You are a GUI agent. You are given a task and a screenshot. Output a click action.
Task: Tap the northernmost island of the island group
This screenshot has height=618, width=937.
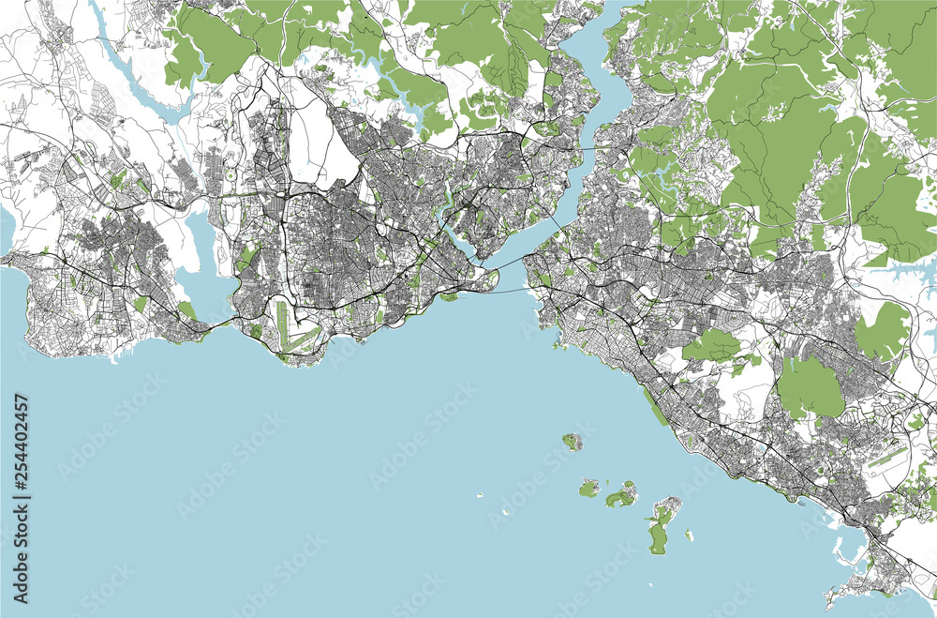(572, 441)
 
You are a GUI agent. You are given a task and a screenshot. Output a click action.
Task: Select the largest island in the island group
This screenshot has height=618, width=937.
(660, 526)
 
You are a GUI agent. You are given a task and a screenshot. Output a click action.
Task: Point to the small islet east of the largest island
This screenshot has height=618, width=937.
(689, 535)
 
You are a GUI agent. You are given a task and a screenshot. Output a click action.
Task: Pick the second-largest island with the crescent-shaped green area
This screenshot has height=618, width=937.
(620, 494)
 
